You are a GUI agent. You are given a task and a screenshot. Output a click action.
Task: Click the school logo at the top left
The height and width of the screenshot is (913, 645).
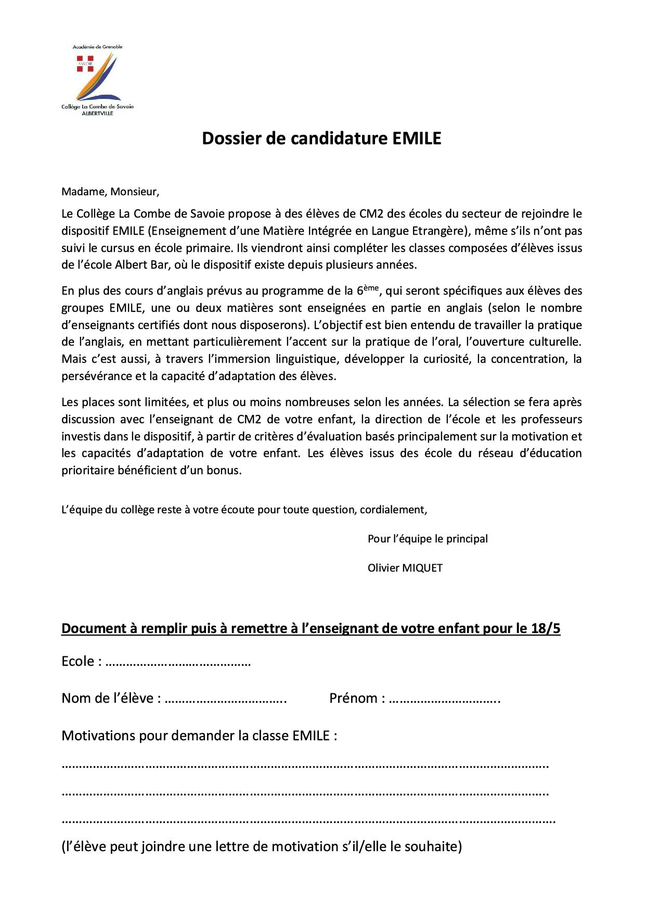coord(97,78)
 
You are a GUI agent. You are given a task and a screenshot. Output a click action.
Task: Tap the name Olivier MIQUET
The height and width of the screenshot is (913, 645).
coord(405,568)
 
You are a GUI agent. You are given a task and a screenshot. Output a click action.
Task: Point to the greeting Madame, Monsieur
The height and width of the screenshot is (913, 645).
coord(110,192)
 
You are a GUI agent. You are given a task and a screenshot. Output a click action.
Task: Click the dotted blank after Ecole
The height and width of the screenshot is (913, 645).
coord(178,662)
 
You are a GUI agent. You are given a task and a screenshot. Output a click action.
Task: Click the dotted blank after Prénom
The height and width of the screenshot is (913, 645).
coord(444,699)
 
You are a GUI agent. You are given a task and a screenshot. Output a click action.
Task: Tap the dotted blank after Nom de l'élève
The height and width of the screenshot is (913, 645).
coord(226,699)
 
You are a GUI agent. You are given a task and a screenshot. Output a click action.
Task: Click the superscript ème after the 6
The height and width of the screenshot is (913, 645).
coord(372,287)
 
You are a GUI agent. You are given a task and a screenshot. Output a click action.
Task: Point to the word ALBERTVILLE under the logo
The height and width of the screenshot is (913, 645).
coord(97,113)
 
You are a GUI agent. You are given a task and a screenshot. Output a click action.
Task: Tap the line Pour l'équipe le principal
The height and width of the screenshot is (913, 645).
coord(428,539)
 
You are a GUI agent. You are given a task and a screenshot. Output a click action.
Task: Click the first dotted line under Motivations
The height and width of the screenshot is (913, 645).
coord(305,766)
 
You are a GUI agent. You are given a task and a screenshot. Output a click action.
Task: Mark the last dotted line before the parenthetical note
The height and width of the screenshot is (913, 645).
coord(308,821)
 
